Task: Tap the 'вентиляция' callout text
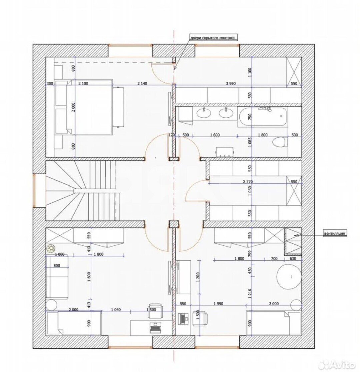(334, 233)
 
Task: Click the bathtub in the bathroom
(263, 117)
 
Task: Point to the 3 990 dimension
(231, 83)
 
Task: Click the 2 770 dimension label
(248, 182)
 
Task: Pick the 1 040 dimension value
(116, 310)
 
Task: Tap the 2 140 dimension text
(142, 83)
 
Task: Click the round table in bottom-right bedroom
(289, 277)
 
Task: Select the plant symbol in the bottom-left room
(51, 249)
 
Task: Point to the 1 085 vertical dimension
(250, 142)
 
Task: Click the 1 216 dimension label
(250, 294)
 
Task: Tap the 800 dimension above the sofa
(57, 266)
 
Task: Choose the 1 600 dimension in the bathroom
(215, 135)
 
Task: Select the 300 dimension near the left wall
(50, 83)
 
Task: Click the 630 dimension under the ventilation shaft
(293, 258)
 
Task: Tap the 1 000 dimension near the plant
(59, 254)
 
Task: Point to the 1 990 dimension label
(218, 303)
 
